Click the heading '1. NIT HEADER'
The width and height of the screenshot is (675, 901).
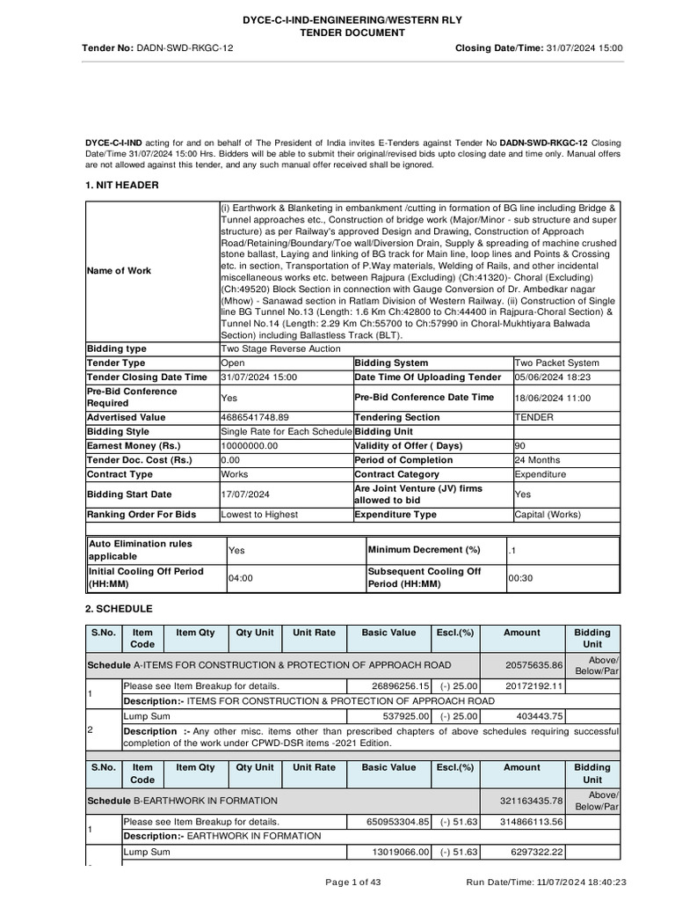(122, 185)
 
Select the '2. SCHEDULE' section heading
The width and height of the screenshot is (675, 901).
(119, 609)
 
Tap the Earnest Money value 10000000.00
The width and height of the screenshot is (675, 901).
(250, 446)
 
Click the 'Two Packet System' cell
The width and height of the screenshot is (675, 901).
(557, 363)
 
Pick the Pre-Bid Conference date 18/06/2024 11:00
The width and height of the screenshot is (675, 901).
(553, 398)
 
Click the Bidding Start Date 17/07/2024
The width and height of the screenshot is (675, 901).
(245, 494)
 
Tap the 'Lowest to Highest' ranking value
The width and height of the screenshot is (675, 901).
(259, 515)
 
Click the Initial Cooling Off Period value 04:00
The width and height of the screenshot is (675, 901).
(240, 578)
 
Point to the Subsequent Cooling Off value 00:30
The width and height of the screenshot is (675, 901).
(520, 578)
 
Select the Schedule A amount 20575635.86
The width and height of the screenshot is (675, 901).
(533, 666)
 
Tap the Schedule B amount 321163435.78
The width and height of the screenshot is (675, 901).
(530, 802)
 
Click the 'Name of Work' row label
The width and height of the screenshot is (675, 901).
(119, 271)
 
